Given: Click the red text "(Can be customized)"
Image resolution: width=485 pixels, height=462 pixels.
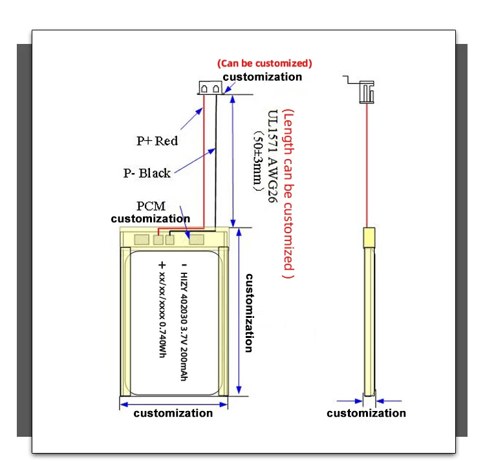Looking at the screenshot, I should click(x=264, y=63).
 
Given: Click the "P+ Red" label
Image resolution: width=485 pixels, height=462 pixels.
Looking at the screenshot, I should click(x=157, y=140).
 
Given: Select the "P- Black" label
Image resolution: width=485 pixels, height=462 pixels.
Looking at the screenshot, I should click(x=147, y=173).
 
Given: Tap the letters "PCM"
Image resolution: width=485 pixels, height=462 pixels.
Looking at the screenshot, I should click(x=150, y=206).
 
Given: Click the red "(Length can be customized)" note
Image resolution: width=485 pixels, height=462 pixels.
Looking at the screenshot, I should click(x=289, y=193).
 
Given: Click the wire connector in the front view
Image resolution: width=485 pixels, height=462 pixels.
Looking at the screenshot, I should click(x=211, y=88).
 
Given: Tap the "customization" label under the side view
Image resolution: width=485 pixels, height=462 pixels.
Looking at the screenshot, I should click(x=366, y=414).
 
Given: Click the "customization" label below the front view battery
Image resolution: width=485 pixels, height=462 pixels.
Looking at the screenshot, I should click(x=173, y=414).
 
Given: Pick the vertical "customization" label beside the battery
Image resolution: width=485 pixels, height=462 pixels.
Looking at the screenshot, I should click(x=248, y=312).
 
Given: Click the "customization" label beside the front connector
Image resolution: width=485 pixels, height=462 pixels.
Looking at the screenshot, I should click(x=263, y=77).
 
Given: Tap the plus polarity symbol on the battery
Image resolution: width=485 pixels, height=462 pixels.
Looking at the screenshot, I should click(x=162, y=265).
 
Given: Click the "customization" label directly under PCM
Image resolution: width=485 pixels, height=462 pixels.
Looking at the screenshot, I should click(x=150, y=218).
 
